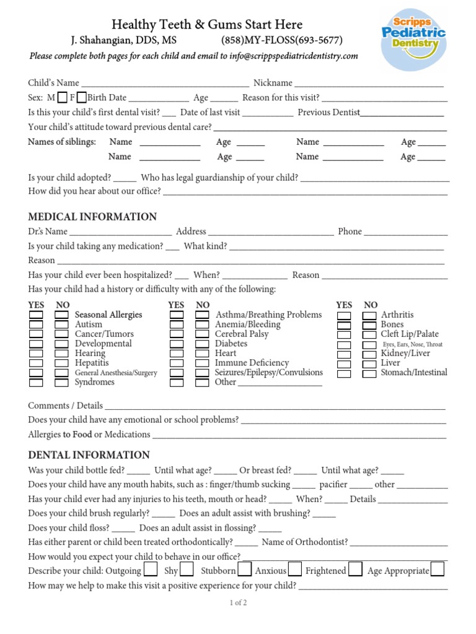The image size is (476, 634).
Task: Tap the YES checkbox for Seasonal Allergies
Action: click(36, 315)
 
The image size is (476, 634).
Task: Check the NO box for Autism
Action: click(61, 324)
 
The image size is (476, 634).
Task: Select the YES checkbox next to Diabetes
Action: click(177, 344)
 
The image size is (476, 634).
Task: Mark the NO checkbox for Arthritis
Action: click(369, 315)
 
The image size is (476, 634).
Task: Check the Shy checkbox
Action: click(187, 570)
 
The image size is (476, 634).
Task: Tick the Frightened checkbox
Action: click(355, 570)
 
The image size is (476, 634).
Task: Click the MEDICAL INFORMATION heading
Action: click(92, 217)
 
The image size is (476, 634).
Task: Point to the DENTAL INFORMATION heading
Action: click(89, 455)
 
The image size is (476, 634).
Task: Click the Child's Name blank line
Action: click(165, 84)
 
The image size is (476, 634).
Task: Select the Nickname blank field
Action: click(369, 84)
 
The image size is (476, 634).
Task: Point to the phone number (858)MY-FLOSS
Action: click(282, 41)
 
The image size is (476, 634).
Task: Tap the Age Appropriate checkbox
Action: click(438, 570)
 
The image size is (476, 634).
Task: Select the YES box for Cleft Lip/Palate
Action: click(344, 334)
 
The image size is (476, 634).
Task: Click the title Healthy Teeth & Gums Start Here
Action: click(207, 25)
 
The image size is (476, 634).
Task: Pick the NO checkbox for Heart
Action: click(202, 354)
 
